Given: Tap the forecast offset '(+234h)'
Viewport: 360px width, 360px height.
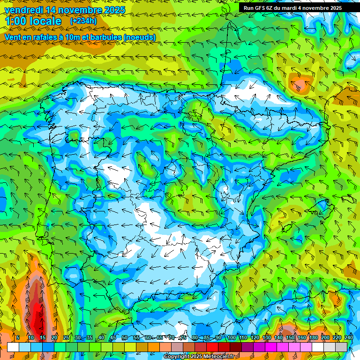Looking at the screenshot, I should pos(83,21).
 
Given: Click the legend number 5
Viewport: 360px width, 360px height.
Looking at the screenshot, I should pos(18,337).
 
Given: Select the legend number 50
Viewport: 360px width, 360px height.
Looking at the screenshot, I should pos(125,337).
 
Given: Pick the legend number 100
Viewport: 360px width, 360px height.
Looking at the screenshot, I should pos(231,337).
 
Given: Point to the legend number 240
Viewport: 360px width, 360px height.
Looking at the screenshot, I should pos(348,337).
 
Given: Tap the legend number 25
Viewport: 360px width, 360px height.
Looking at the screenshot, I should pos(66,337).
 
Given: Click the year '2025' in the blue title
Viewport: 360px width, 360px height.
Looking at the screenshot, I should pos(114,10).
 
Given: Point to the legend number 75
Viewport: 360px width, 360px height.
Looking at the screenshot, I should pos(183,337).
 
